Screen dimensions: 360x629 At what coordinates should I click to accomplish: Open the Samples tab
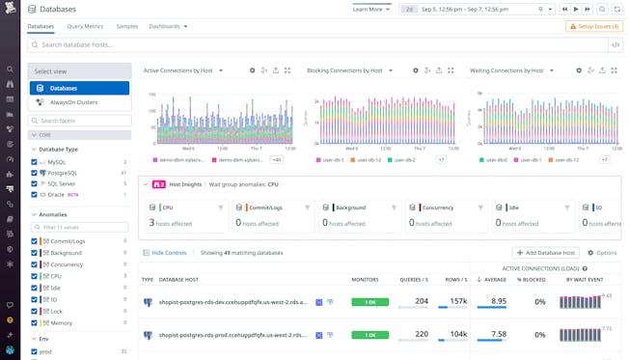[126, 26]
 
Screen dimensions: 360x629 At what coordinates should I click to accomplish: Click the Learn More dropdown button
[371, 9]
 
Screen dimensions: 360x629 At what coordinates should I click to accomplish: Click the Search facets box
[82, 121]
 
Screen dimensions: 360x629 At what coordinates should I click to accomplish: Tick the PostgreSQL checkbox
[35, 173]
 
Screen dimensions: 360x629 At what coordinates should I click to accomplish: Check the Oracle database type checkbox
[35, 194]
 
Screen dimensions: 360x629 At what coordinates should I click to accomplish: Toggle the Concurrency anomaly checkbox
[35, 263]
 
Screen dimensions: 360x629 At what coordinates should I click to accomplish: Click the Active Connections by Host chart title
[178, 70]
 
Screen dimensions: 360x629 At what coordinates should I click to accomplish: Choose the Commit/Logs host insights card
[274, 216]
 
